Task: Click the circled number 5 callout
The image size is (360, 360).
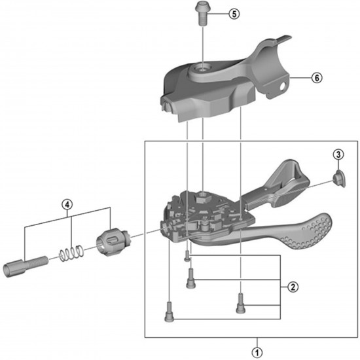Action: pyautogui.click(x=234, y=14)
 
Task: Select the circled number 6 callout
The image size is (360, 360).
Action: pyautogui.click(x=317, y=78)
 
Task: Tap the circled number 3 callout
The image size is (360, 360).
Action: pyautogui.click(x=338, y=154)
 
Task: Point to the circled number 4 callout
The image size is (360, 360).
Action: pyautogui.click(x=67, y=204)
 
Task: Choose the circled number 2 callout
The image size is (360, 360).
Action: pyautogui.click(x=293, y=287)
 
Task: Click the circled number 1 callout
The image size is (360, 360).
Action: pyautogui.click(x=257, y=352)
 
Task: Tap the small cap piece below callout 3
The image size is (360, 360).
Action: pyautogui.click(x=339, y=179)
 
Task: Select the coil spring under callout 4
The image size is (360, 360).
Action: pyautogui.click(x=71, y=253)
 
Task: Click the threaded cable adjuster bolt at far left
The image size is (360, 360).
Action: pyautogui.click(x=26, y=266)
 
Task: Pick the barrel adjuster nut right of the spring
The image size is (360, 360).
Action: pyautogui.click(x=113, y=242)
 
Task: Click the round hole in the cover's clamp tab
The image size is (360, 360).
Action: pyautogui.click(x=284, y=86)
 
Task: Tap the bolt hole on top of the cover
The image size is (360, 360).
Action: pyautogui.click(x=202, y=68)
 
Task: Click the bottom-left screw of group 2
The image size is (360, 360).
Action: pyautogui.click(x=170, y=312)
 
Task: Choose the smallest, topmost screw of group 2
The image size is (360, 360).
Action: pyautogui.click(x=187, y=256)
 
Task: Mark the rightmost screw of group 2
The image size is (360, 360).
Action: pyautogui.click(x=240, y=303)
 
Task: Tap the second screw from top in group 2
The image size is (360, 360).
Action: pyautogui.click(x=190, y=278)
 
